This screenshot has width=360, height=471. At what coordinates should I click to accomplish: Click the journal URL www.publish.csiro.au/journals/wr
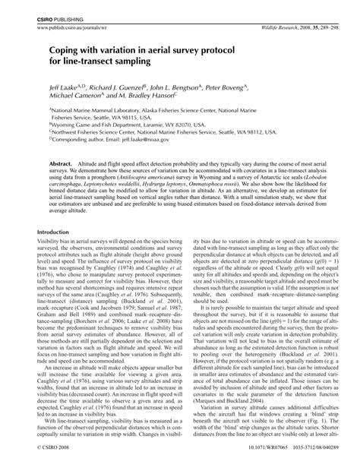tap(68, 26)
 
